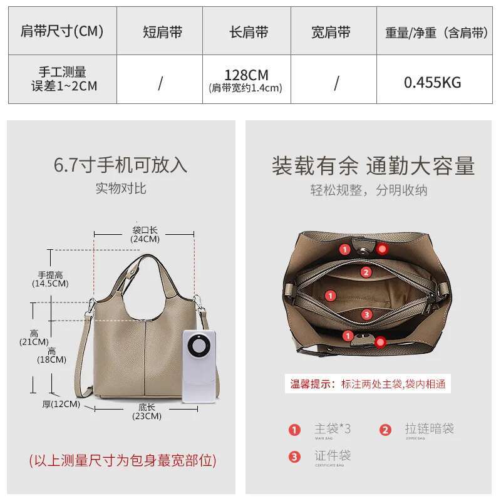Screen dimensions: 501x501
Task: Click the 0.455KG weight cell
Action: (432, 82)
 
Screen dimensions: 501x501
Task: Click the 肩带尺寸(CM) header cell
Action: (62, 31)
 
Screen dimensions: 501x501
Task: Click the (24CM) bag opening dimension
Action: (145, 239)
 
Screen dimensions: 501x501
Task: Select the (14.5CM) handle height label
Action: (50, 284)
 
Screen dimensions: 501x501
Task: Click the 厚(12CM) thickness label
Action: (61, 404)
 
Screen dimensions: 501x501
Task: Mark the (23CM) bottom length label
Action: (145, 416)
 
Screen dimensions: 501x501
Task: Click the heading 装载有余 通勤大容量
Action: (373, 166)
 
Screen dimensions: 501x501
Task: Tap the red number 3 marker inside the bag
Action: (367, 314)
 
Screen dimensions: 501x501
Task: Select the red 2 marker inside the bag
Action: (366, 272)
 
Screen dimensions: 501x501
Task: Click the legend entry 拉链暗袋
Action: (428, 429)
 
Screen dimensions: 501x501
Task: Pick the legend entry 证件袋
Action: (332, 456)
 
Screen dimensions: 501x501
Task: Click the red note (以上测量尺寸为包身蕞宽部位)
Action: (123, 461)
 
